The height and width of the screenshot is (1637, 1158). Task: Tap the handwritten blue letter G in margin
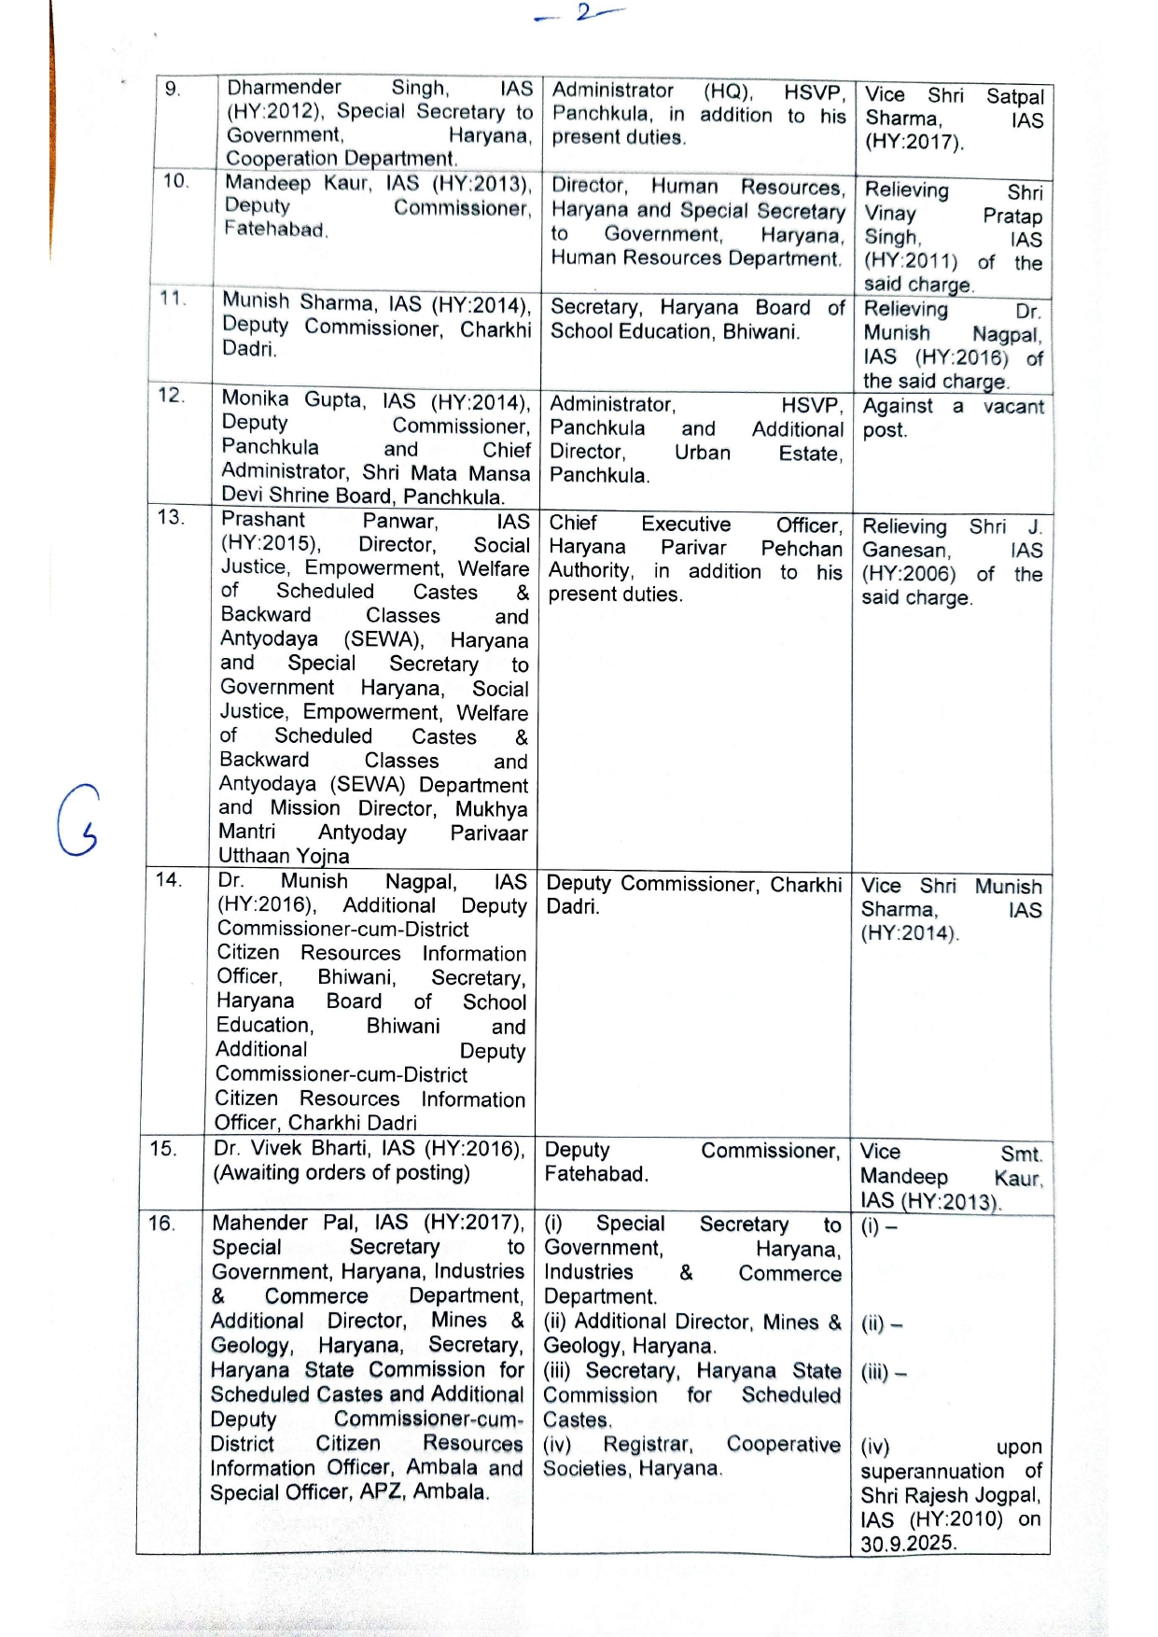(77, 821)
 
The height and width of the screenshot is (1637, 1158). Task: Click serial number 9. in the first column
(172, 90)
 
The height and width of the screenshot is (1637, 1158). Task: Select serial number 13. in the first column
(170, 517)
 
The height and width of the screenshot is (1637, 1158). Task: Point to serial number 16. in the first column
(161, 1223)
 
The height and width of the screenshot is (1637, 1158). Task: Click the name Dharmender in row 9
(285, 88)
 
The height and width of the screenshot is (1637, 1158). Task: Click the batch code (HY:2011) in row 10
(911, 261)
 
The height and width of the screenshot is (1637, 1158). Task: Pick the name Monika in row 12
(255, 399)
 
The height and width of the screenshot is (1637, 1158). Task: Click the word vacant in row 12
(1013, 407)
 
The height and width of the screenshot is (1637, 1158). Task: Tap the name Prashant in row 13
(263, 520)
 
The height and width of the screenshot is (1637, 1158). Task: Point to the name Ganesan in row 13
(905, 551)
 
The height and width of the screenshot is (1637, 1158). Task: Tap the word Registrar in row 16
(648, 1445)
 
